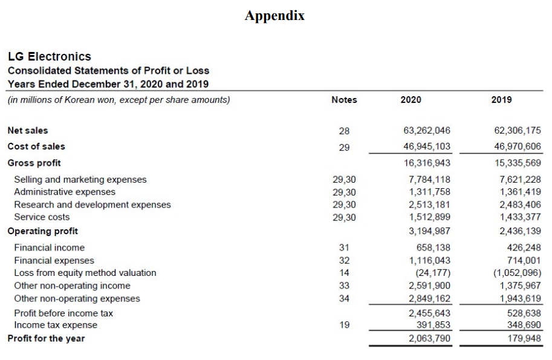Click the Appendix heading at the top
point(274,16)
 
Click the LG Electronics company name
point(49,56)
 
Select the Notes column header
point(344,100)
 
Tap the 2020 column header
point(411,100)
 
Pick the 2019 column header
point(501,100)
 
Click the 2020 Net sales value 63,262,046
point(426,131)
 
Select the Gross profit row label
point(34,163)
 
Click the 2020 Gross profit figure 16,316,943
point(426,163)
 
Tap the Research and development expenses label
point(93,205)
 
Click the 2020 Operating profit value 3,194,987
point(429,231)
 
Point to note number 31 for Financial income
point(345,247)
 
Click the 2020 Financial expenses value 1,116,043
point(429,260)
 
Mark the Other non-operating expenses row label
point(77,298)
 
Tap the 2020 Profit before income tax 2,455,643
point(429,313)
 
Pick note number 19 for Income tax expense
point(345,325)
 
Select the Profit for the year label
point(46,338)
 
